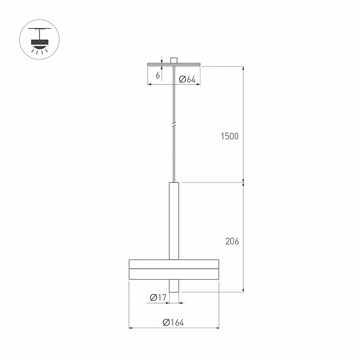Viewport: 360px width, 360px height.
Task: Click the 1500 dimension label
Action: pyautogui.click(x=230, y=136)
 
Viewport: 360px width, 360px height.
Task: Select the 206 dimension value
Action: pyautogui.click(x=232, y=241)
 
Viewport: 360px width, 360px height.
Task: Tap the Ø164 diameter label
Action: pyautogui.click(x=173, y=323)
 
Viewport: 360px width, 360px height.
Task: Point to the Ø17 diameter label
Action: pyautogui.click(x=158, y=297)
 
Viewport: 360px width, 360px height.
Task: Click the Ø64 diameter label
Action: pyautogui.click(x=187, y=80)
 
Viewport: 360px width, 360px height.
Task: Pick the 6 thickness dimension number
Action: pyautogui.click(x=157, y=75)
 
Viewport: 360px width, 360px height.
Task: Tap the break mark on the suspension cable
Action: pyautogui.click(x=174, y=125)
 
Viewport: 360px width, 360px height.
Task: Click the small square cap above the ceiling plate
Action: pyautogui.click(x=174, y=60)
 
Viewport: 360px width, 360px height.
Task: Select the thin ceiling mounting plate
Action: pyautogui.click(x=174, y=64)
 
